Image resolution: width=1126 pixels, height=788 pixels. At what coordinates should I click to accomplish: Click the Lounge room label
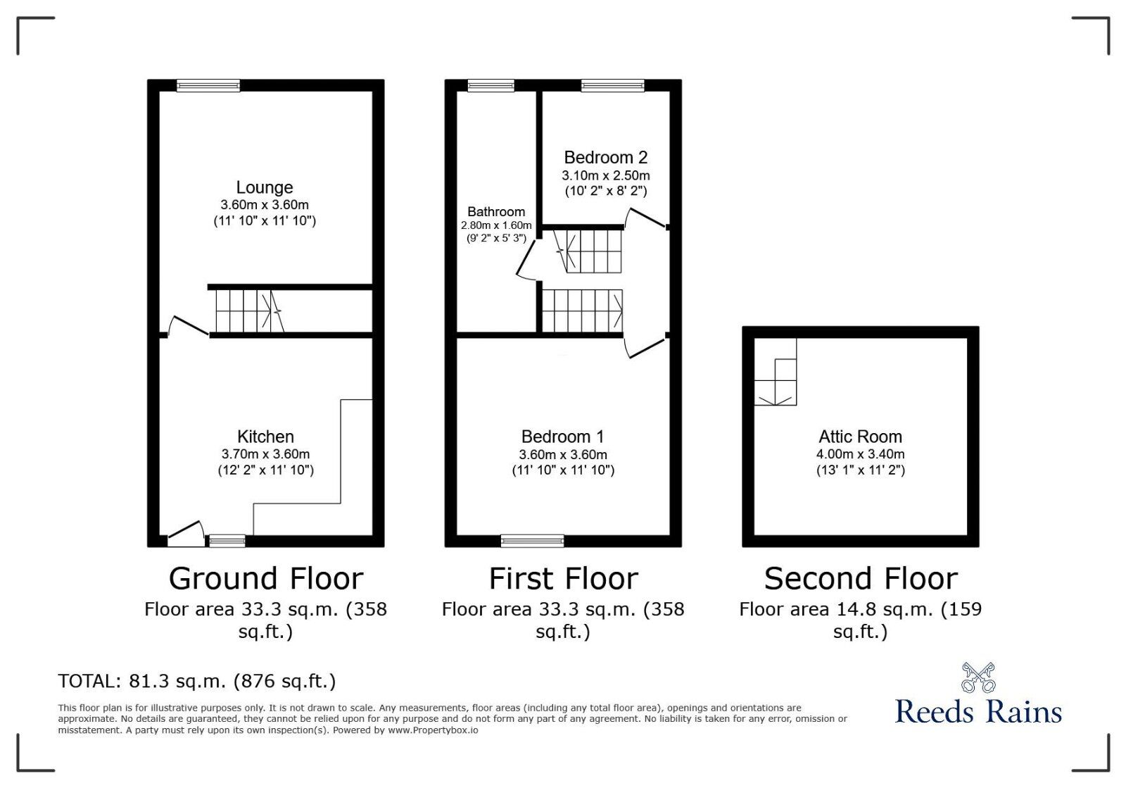(x=264, y=187)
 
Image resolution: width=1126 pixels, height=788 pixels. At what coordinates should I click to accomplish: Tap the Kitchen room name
(x=265, y=437)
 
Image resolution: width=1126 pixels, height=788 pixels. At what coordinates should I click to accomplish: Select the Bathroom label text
(x=496, y=211)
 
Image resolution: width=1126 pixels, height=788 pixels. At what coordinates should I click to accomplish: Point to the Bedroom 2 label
(x=605, y=157)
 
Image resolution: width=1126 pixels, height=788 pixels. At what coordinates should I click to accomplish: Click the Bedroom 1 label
(x=562, y=437)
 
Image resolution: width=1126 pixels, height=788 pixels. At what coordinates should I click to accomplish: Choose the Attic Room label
(x=860, y=437)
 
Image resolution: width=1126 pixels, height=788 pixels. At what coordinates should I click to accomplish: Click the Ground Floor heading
(x=265, y=579)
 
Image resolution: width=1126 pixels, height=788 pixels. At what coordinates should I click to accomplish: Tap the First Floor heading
(x=563, y=579)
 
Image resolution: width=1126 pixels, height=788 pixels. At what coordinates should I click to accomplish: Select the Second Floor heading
(x=861, y=579)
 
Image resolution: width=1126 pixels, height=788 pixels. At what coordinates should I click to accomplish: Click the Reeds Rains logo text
(x=978, y=711)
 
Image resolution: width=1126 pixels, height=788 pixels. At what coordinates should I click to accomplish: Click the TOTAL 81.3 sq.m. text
(x=197, y=681)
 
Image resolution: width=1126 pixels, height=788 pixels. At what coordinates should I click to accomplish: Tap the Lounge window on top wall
(x=208, y=86)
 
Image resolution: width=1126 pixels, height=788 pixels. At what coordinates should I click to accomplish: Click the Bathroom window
(x=491, y=86)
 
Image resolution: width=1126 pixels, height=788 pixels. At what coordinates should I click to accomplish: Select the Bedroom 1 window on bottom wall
(x=532, y=541)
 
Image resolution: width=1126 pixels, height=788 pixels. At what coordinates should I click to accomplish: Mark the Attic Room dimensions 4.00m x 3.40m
(x=860, y=454)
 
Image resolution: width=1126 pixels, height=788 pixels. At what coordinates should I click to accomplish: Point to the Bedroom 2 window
(x=612, y=86)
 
